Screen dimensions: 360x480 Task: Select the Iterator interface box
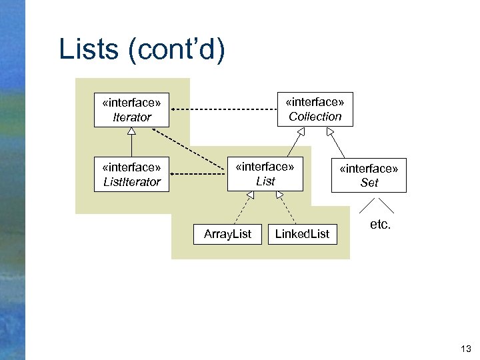pyautogui.click(x=131, y=109)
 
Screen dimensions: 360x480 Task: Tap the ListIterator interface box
pyautogui.click(x=131, y=174)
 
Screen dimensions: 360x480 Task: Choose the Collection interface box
pyautogui.click(x=315, y=109)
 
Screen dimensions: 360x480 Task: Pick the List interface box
pyautogui.click(x=265, y=174)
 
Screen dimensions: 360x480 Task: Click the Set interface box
pyautogui.click(x=369, y=175)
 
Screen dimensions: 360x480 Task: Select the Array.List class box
pyautogui.click(x=227, y=234)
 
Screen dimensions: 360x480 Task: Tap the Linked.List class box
pyautogui.click(x=302, y=234)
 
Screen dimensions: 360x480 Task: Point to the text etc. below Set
pyautogui.click(x=380, y=225)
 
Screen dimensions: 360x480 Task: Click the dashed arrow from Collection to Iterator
pyautogui.click(x=227, y=109)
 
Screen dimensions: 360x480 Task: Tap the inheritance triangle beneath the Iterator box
pyautogui.click(x=131, y=131)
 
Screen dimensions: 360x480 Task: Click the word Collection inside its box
pyautogui.click(x=315, y=117)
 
